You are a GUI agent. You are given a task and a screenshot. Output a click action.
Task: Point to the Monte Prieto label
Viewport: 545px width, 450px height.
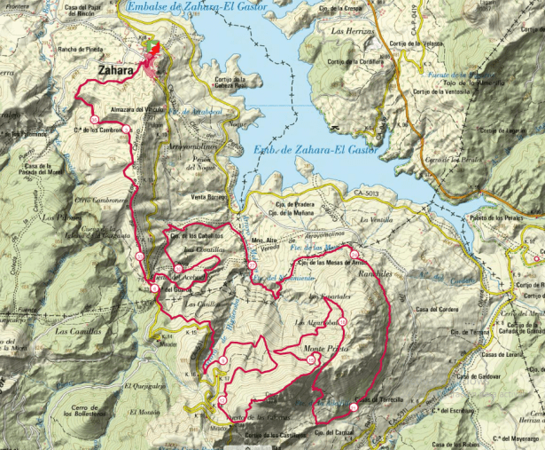click(x=323, y=349)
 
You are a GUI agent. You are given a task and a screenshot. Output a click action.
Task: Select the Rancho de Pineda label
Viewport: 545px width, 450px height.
click(x=82, y=50)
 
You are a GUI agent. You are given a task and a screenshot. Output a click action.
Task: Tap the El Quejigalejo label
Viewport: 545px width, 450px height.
click(x=145, y=386)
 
